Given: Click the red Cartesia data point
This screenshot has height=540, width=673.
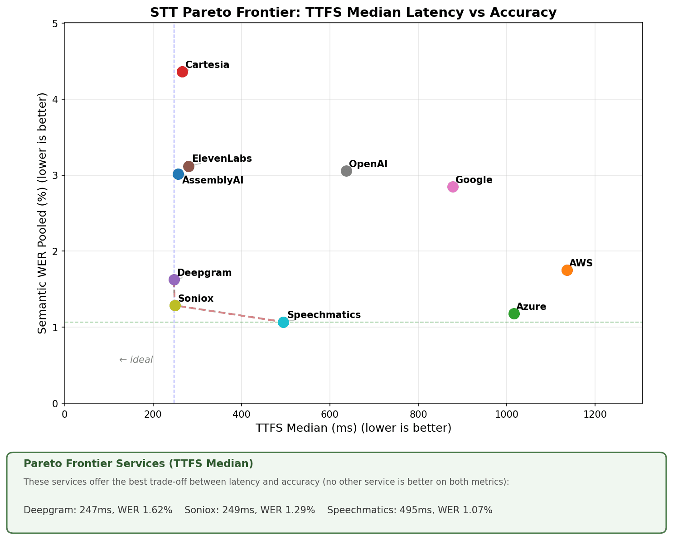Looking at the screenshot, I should (x=182, y=72).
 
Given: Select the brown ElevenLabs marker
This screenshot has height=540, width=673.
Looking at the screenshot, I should (x=189, y=166).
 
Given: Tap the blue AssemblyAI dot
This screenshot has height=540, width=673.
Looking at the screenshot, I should (x=178, y=174).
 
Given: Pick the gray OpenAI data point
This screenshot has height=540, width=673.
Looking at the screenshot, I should (x=346, y=171).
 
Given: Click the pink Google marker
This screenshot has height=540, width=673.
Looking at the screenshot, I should (x=453, y=187).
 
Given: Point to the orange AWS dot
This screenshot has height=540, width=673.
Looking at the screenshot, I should (x=567, y=270).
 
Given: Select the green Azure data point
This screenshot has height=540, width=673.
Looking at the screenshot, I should (x=514, y=313).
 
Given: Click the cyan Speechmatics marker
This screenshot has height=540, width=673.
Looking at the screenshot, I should (x=283, y=322).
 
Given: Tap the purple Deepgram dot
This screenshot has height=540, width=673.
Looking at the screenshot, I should (x=174, y=280).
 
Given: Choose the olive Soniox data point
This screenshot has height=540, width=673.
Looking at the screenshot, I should (x=175, y=305).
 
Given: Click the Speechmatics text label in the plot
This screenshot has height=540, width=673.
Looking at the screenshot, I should (x=324, y=315).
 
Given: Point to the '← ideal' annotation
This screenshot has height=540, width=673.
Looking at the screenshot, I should (x=136, y=360).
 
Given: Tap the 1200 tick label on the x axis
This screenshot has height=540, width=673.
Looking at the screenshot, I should (x=595, y=414).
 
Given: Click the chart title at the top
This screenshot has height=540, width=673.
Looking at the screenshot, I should (x=353, y=12).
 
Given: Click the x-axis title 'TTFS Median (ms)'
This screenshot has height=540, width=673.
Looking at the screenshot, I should (x=353, y=428).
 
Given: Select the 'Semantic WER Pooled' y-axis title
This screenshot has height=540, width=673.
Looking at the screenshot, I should (x=43, y=213).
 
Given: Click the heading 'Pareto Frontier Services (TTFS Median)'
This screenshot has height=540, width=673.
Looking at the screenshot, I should (x=138, y=463).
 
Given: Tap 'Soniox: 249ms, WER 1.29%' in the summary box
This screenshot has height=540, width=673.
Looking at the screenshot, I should (x=250, y=510).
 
